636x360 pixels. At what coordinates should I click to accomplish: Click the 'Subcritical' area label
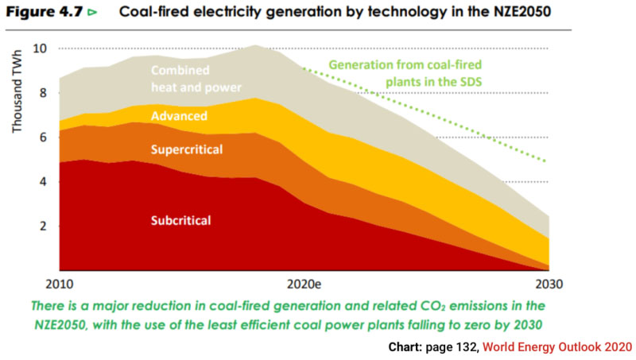point(183,219)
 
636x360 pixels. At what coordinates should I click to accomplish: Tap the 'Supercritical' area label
point(187,149)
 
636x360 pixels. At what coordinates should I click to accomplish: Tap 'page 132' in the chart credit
point(451,347)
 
